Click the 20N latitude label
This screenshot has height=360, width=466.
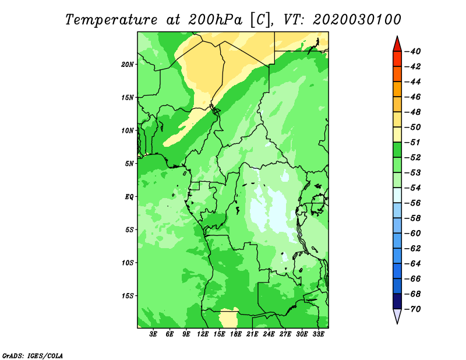(128, 65)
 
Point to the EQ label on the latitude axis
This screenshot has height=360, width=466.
(129, 197)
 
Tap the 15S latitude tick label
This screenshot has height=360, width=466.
(128, 296)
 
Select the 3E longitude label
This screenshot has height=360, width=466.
(153, 334)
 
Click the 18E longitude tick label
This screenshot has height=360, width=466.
(236, 334)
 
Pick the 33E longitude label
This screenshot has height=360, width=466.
(318, 334)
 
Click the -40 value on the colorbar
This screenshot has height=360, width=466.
(412, 51)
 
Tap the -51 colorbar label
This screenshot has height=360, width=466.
(412, 142)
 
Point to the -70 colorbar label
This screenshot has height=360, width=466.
(412, 309)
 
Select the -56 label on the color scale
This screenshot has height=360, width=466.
(412, 203)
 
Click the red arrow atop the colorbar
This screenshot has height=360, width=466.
(397, 44)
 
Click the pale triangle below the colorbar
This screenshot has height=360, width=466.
(397, 316)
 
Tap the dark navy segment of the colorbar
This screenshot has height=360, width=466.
(397, 301)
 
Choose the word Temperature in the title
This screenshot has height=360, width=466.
(111, 20)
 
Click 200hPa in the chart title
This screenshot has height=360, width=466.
(215, 20)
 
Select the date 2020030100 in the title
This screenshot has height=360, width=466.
(357, 20)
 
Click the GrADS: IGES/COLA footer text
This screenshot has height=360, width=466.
(33, 355)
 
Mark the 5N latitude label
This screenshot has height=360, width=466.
(129, 164)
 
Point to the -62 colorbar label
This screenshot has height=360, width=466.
(412, 249)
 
